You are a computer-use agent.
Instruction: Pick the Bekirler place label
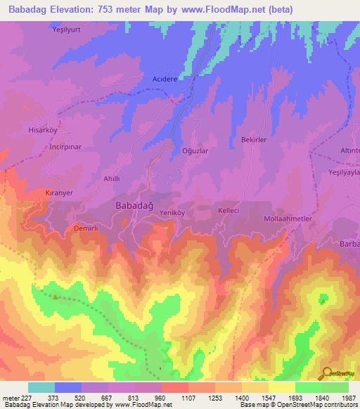[254, 141]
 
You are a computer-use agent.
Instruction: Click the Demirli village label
[87, 228]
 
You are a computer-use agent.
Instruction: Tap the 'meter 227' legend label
[17, 398]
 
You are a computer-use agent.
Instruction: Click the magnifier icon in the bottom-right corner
[326, 374]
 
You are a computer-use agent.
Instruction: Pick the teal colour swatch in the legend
[41, 387]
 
